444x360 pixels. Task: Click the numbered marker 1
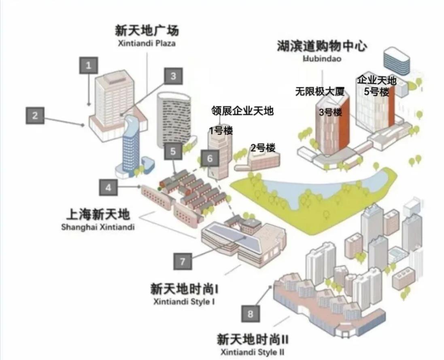[89, 66]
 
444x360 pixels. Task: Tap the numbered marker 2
[35, 115]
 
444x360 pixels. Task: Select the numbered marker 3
[173, 76]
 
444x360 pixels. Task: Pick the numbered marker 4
[108, 187]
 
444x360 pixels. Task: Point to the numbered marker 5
[173, 151]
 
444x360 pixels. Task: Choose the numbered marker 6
[210, 158]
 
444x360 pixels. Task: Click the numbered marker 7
[183, 261]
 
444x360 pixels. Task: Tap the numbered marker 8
[250, 313]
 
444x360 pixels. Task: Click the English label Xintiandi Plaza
[147, 44]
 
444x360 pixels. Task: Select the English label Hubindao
[322, 59]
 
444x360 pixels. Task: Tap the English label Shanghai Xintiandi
[98, 227]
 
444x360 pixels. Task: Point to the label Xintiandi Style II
[252, 352]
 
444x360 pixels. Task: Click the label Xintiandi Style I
[184, 301]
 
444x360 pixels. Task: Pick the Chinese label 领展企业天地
[242, 111]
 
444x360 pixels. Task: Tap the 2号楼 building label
[263, 148]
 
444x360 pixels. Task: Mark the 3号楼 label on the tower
[330, 112]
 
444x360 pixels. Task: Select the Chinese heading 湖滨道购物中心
[322, 46]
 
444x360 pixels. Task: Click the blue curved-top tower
[131, 146]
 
